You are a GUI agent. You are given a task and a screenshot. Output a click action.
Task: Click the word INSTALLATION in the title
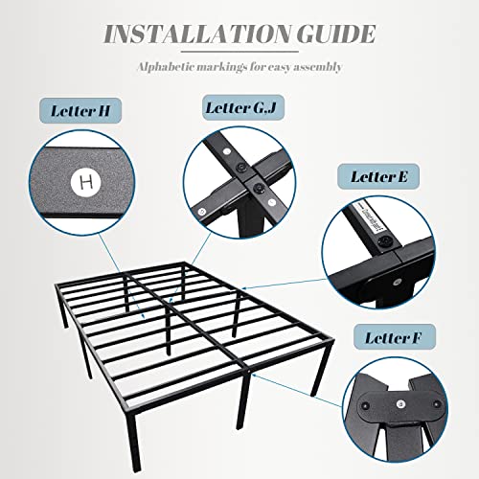tap(194, 36)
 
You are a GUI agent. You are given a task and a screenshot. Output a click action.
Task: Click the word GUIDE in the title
tap(331, 36)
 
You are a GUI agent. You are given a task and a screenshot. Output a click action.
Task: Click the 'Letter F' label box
tap(395, 337)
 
